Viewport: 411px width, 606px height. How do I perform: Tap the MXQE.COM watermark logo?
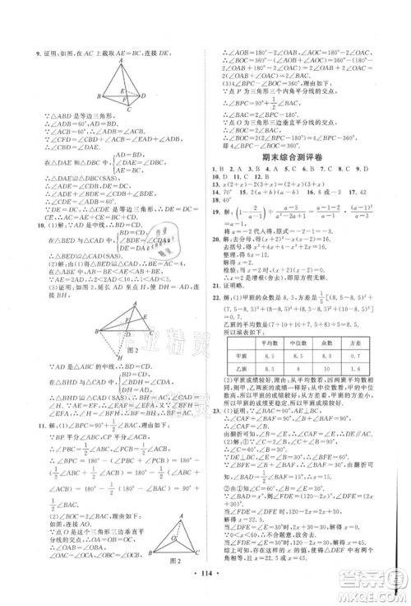tap(376, 587)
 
